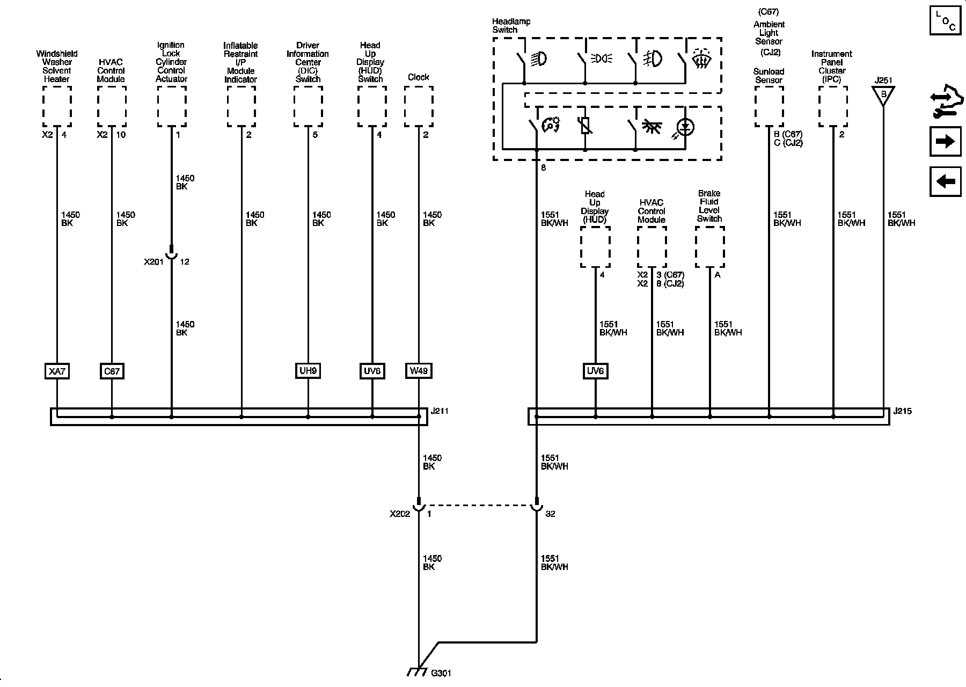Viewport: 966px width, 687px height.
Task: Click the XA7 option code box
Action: [57, 371]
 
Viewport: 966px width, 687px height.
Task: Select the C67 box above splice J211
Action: [112, 371]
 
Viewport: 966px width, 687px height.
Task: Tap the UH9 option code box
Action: [308, 370]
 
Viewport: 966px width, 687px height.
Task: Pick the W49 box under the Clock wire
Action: [419, 370]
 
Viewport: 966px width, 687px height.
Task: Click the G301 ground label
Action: [441, 673]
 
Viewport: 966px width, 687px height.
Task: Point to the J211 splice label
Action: [440, 412]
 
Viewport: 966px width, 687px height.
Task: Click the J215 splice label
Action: [903, 412]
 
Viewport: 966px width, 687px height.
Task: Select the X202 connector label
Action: [400, 514]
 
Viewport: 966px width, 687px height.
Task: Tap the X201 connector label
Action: [153, 262]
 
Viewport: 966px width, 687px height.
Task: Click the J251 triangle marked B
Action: [883, 95]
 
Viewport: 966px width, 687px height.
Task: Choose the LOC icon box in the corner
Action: [945, 21]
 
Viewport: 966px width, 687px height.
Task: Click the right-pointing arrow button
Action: [945, 141]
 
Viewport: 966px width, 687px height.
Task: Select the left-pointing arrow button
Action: [945, 181]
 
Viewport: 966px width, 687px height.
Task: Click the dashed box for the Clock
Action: [419, 106]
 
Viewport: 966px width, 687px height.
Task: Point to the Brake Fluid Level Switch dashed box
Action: [709, 246]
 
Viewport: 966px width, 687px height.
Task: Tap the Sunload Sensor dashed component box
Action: [769, 106]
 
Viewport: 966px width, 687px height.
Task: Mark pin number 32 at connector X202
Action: [550, 514]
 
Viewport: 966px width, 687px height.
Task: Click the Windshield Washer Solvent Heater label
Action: [57, 67]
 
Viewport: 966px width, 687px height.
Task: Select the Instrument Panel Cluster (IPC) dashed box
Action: [833, 106]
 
